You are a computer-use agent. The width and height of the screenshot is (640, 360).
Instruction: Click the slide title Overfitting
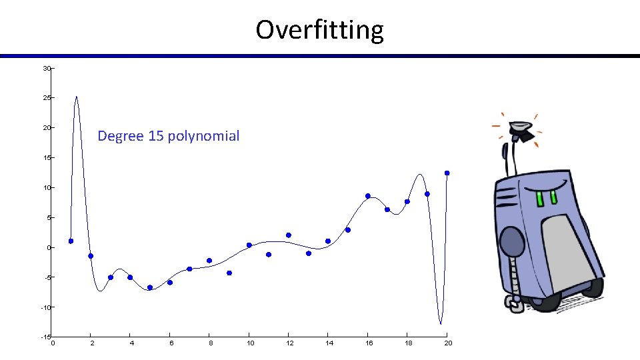click(319, 30)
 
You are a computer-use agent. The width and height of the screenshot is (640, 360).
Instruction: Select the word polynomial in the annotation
click(203, 137)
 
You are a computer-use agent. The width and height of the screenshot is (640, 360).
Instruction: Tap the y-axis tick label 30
click(46, 69)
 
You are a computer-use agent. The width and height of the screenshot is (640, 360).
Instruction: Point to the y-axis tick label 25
click(46, 98)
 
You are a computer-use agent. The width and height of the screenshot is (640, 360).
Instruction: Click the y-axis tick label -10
click(45, 307)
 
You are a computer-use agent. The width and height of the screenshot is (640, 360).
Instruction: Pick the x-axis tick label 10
click(250, 343)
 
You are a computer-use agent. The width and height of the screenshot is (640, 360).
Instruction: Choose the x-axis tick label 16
click(369, 343)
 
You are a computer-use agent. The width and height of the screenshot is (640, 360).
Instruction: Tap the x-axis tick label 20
click(448, 343)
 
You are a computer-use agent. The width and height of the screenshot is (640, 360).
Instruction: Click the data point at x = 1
click(71, 241)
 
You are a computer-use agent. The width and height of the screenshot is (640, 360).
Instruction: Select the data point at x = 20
click(447, 173)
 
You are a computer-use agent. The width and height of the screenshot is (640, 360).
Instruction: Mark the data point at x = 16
click(367, 196)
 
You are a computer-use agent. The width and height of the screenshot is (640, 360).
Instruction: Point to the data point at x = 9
click(229, 273)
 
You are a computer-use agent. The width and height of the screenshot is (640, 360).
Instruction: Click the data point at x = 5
click(150, 287)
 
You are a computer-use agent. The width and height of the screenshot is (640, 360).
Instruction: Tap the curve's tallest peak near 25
click(77, 97)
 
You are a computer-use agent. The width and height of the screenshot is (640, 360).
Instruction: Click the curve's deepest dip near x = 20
click(441, 323)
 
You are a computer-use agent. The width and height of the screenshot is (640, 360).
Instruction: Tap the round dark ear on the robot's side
click(511, 241)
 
